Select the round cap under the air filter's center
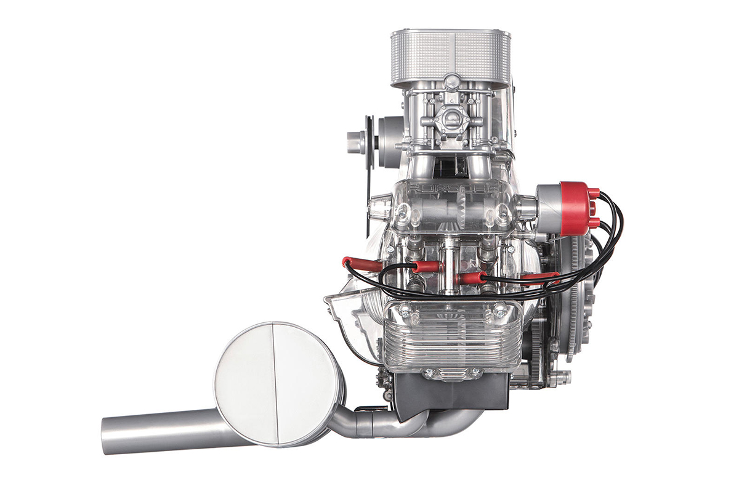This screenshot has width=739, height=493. (451, 81)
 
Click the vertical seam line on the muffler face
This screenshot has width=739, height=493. (275, 383)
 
